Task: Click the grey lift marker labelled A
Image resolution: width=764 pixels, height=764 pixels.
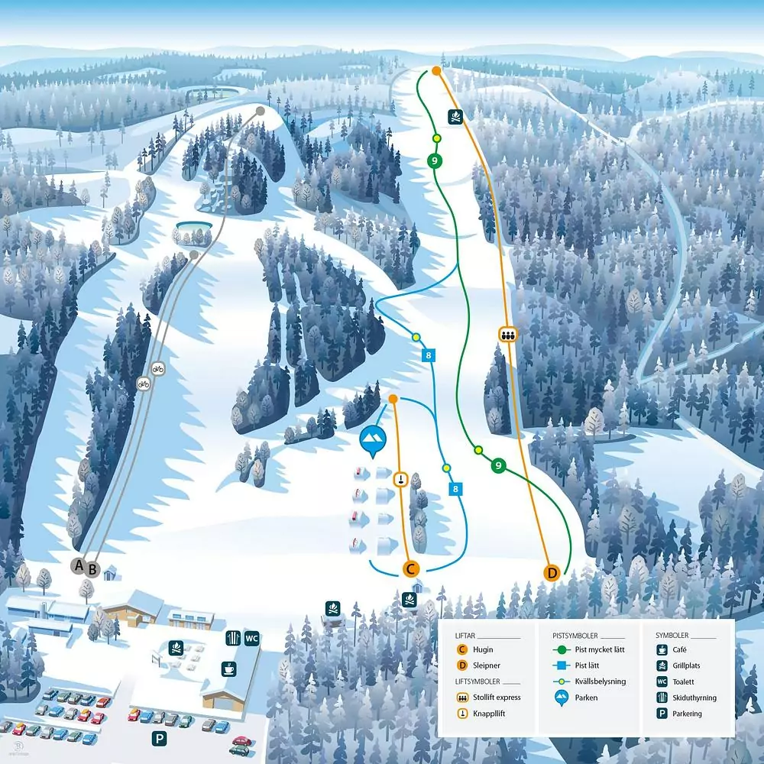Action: (x=77, y=565)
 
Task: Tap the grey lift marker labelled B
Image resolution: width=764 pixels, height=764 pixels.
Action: (x=92, y=568)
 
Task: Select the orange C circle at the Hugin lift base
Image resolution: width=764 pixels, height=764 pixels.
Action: (x=411, y=568)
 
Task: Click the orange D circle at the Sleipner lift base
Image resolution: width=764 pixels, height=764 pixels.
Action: (x=552, y=572)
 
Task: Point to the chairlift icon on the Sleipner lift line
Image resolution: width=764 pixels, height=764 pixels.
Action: (x=507, y=334)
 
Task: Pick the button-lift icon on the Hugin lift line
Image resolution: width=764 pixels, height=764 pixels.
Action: (x=400, y=479)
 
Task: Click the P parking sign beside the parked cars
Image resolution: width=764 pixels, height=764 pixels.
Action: (x=159, y=739)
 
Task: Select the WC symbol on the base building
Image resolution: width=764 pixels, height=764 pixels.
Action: (x=252, y=637)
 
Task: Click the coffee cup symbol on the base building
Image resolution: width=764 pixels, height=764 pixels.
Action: (x=228, y=668)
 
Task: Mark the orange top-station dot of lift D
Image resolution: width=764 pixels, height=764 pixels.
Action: (x=436, y=71)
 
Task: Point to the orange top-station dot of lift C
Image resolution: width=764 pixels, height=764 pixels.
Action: (x=393, y=399)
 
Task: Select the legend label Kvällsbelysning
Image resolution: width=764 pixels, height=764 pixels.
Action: (x=601, y=681)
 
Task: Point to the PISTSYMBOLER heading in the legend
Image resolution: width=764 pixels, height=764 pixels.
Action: (x=576, y=635)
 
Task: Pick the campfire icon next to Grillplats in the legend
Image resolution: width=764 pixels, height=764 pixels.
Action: (x=662, y=665)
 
